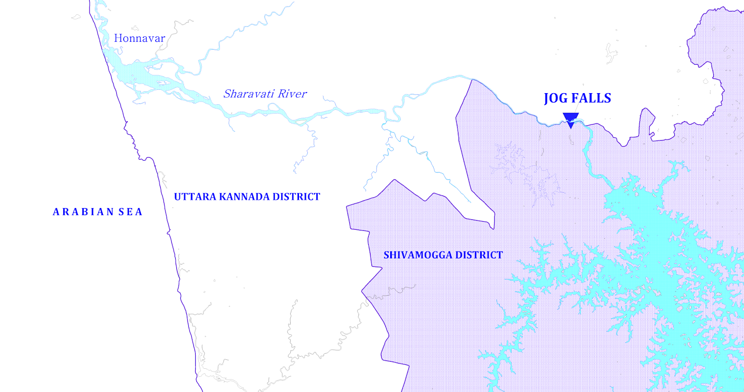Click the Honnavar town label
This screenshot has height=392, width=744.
click(x=139, y=38)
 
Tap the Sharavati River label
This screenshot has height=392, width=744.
click(x=265, y=94)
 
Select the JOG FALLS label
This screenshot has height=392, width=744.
click(x=578, y=98)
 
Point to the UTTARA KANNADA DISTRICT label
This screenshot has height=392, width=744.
click(x=247, y=197)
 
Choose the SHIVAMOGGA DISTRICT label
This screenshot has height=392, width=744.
click(x=443, y=255)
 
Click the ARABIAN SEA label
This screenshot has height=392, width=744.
click(x=98, y=212)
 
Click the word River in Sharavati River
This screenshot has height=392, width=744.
click(x=292, y=94)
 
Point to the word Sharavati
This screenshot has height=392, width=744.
click(x=249, y=94)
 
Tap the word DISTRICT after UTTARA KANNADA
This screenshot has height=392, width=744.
click(x=296, y=197)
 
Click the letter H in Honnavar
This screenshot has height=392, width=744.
click(x=118, y=38)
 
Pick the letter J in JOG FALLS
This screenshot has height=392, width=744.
click(x=547, y=99)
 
